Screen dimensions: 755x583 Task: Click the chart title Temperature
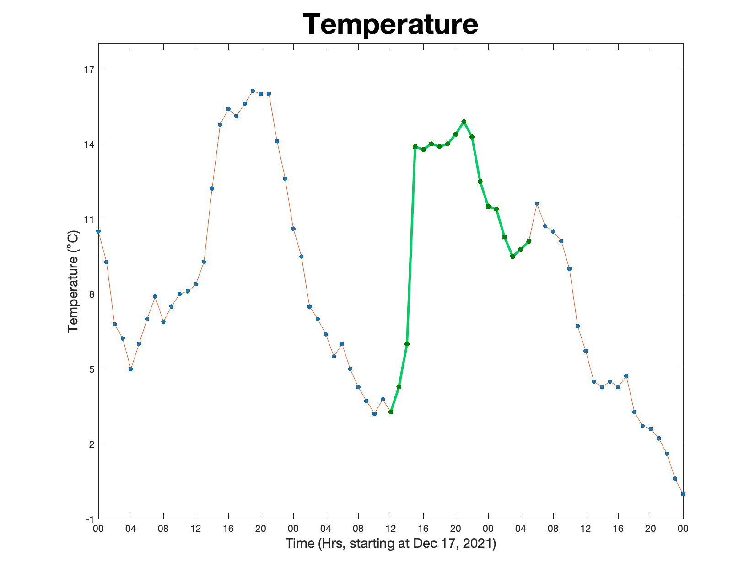(x=390, y=24)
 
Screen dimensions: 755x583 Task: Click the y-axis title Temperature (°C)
(x=73, y=281)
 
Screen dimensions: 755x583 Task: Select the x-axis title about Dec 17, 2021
(x=390, y=543)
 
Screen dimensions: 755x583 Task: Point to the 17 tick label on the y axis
(x=89, y=70)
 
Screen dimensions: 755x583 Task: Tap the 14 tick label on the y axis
(x=89, y=144)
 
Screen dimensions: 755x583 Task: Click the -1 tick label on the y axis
(x=90, y=519)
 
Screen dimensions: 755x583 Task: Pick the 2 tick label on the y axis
(x=92, y=444)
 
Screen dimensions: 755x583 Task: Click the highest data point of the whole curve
(x=253, y=91)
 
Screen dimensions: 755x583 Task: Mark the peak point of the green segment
(x=464, y=122)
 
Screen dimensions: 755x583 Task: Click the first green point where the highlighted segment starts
(x=390, y=412)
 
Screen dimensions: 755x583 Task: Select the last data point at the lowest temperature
(x=683, y=494)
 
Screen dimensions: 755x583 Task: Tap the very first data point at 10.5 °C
(x=98, y=231)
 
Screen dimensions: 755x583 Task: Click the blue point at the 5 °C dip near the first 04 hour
(x=131, y=369)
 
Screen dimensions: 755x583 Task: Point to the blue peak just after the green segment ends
(x=537, y=204)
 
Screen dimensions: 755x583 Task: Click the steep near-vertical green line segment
(x=411, y=245)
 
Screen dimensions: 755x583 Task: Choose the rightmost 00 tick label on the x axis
(x=683, y=529)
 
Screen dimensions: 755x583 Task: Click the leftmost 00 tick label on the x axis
(x=98, y=529)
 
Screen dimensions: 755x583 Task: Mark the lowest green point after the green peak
(x=512, y=257)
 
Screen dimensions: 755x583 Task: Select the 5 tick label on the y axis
(x=92, y=369)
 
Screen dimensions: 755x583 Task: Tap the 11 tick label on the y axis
(x=89, y=219)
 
